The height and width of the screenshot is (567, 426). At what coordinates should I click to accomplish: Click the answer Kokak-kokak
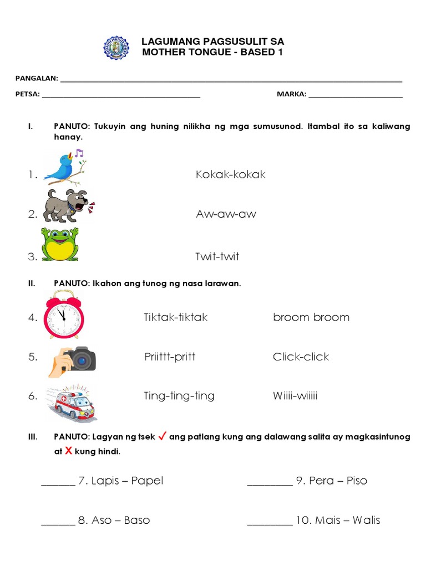click(230, 174)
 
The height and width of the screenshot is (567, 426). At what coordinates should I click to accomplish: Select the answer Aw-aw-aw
click(226, 214)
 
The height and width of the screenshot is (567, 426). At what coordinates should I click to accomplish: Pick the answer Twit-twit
click(217, 256)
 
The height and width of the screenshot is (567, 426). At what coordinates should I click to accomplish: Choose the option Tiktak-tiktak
click(175, 317)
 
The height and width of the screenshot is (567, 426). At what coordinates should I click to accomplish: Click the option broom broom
click(311, 317)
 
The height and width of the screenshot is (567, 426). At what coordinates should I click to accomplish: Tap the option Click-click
click(301, 357)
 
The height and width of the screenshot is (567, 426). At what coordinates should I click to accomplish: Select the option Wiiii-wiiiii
click(295, 396)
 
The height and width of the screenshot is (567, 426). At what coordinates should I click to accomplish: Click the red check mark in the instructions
click(163, 436)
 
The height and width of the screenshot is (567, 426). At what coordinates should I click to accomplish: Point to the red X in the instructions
click(69, 451)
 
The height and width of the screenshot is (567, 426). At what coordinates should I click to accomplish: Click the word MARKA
click(291, 94)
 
